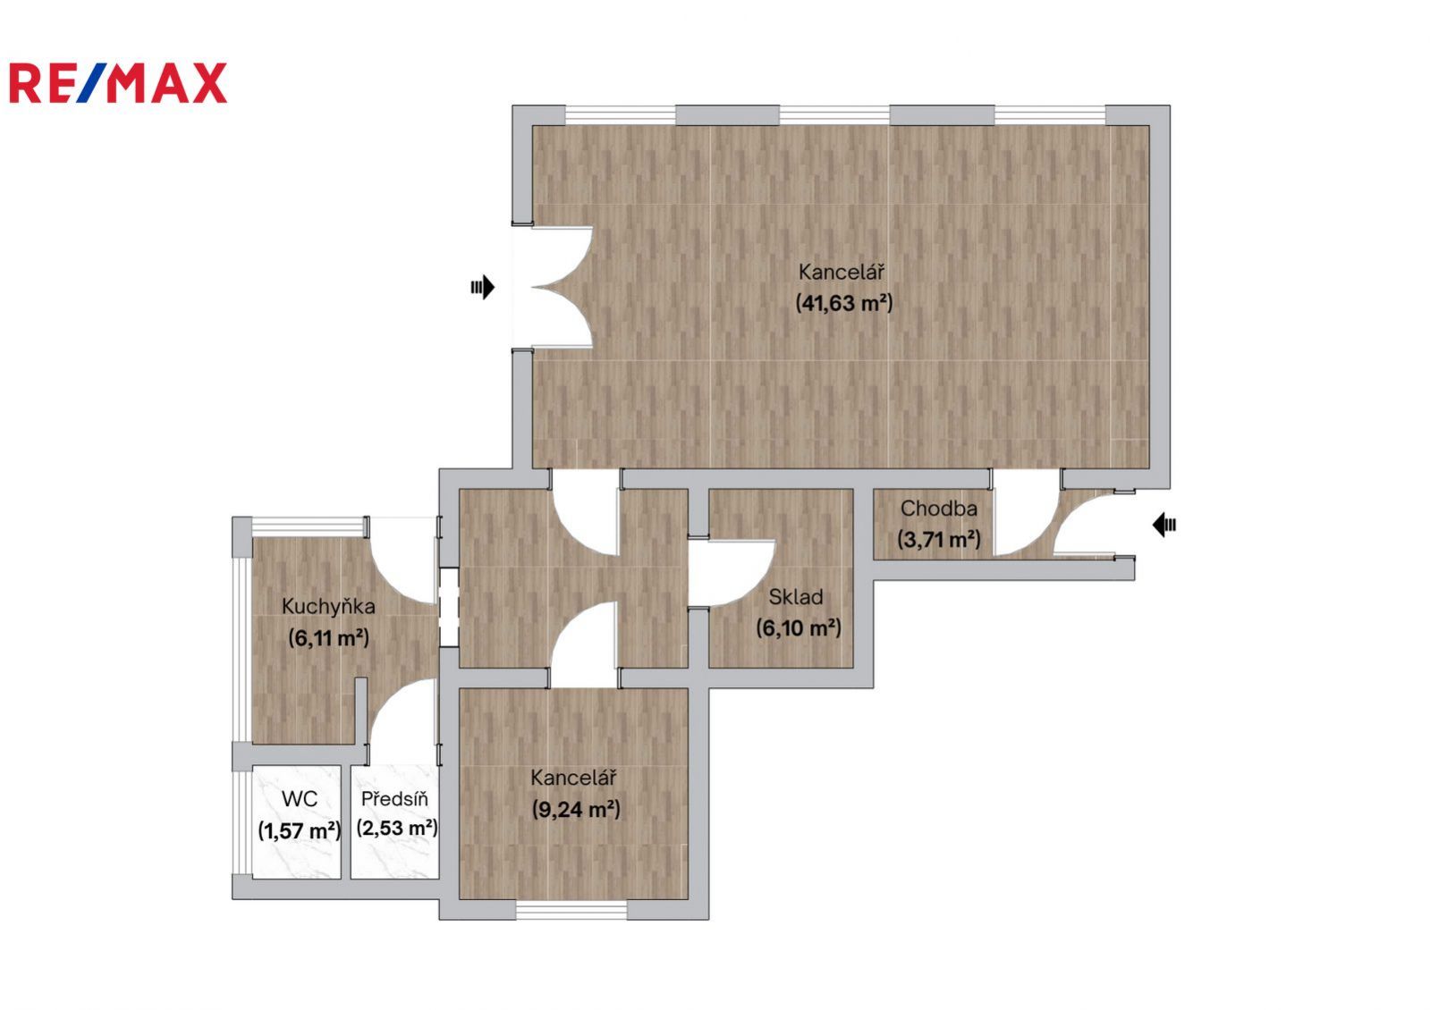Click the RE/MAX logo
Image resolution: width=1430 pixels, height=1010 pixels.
point(118,83)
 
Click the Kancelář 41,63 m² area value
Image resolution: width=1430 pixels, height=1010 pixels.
point(844,303)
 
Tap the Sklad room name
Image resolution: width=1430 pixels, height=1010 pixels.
point(795,597)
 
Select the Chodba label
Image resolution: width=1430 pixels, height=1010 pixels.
point(938,509)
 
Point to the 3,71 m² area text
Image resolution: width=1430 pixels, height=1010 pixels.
point(938,540)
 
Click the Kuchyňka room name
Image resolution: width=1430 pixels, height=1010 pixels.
point(328,606)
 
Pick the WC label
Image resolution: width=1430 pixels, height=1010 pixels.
point(300,799)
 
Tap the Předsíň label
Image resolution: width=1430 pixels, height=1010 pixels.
point(394,799)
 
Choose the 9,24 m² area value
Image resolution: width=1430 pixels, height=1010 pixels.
point(576,810)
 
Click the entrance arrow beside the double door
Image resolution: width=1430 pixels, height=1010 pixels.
point(483,287)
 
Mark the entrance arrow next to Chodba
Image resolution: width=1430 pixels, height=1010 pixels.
point(1164,525)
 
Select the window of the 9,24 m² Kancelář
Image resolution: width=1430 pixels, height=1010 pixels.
point(571,910)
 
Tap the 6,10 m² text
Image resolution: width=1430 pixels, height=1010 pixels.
point(798,628)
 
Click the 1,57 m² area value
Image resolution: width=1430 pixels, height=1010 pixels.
point(300,830)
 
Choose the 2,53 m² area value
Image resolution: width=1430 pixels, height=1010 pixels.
point(397,829)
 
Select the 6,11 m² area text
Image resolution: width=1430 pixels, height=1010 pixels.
point(328,638)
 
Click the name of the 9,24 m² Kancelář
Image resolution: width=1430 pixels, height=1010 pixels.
point(573,778)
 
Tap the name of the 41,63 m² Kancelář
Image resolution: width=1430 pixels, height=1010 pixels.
point(842,273)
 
